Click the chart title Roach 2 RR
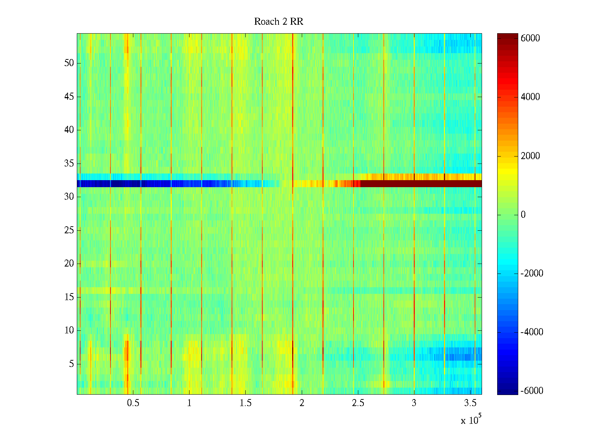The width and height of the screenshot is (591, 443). point(279,22)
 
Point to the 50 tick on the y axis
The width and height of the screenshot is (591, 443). point(69,63)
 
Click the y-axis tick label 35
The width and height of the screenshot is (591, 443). point(69,164)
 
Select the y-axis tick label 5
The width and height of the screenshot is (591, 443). point(71,364)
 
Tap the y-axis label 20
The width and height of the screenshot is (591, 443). point(69,264)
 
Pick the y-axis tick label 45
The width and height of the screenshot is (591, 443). point(69,97)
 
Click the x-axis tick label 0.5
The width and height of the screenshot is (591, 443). point(133,403)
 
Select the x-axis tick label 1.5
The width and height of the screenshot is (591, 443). point(245,403)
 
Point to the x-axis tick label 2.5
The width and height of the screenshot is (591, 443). point(358,403)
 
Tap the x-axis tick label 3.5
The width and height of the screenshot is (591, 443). point(470,403)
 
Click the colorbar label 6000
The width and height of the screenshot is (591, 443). point(530,38)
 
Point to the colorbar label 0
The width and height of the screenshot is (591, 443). point(523,215)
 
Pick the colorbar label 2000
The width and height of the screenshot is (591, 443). point(530,156)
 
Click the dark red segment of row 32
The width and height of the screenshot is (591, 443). point(421,183)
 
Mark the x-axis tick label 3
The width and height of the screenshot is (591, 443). point(414,403)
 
